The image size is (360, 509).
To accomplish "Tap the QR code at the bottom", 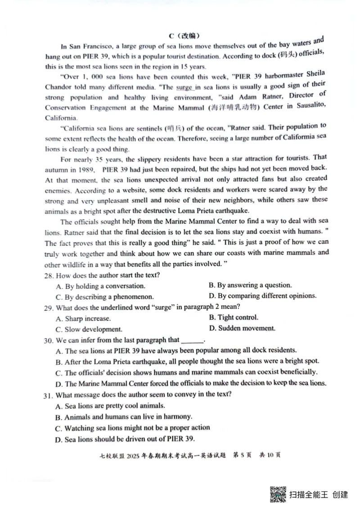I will (x=278, y=494).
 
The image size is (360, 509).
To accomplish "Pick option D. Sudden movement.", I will (x=242, y=328).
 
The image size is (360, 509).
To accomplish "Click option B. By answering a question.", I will (x=250, y=285).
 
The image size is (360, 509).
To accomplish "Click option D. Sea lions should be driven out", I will (x=125, y=439).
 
